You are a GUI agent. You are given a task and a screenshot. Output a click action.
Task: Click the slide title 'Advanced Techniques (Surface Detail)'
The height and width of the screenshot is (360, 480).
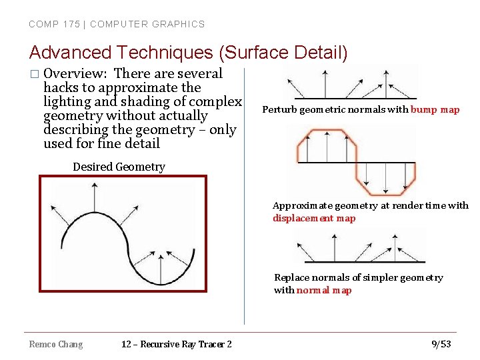coord(188,52)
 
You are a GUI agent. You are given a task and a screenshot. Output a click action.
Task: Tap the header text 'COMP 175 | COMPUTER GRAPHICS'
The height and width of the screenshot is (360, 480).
coord(117,24)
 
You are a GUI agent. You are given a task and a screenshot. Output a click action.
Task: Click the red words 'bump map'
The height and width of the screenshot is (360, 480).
coord(435,109)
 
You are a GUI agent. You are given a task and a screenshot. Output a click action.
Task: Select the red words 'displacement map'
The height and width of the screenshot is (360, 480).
coord(314,218)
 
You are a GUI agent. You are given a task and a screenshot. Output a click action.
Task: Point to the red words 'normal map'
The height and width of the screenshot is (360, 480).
coord(324,290)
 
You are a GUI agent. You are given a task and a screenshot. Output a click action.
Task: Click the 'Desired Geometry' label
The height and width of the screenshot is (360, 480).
coord(119,167)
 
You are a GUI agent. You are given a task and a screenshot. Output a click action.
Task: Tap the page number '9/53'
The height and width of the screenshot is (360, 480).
coord(441,344)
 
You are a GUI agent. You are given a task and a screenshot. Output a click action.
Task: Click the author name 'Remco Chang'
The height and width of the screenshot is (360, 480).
coord(56,344)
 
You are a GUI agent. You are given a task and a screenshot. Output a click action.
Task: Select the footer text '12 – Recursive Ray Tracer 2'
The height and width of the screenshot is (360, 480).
coord(177,344)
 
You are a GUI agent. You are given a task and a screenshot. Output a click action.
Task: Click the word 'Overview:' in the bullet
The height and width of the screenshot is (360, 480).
coord(74,73)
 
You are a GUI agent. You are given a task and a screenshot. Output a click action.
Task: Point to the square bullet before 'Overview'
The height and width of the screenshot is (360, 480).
coord(34,74)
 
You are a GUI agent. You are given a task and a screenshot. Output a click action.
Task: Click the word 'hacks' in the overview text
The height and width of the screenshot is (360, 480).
coord(61,87)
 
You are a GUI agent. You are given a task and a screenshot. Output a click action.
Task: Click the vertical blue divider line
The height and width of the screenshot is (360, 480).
coord(244,200)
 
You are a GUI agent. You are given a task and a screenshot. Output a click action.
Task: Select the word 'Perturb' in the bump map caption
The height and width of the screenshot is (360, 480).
coord(280,109)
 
